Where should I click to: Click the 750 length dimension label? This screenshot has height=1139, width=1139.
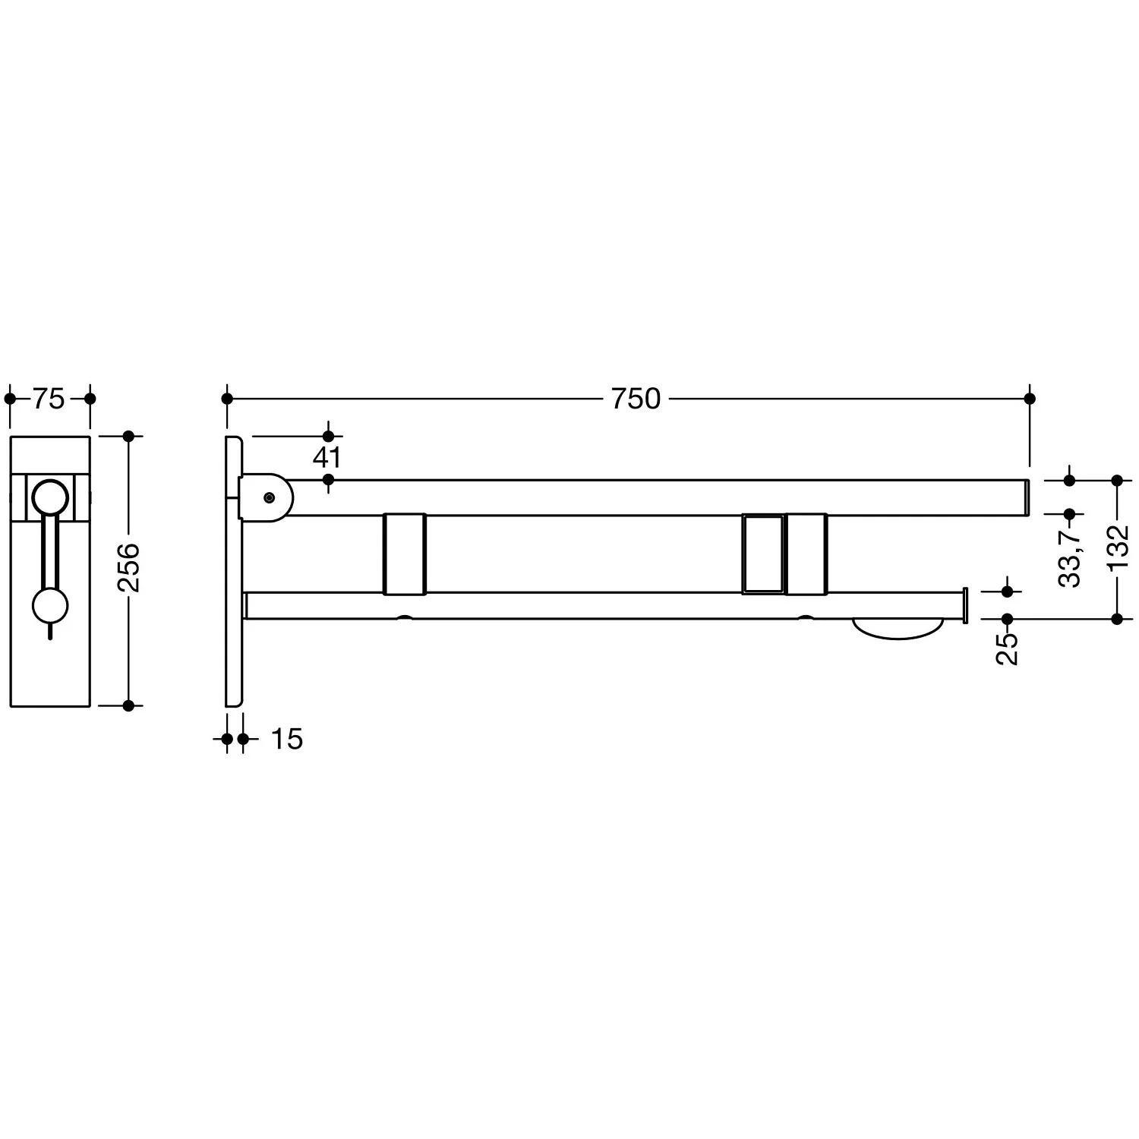pyautogui.click(x=636, y=399)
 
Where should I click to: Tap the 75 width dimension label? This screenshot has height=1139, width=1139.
pyautogui.click(x=49, y=399)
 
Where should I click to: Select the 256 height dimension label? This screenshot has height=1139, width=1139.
pyautogui.click(x=128, y=567)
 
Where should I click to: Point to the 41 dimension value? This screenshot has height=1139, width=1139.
pyautogui.click(x=327, y=458)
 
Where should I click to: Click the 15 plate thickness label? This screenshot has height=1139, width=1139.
pyautogui.click(x=287, y=739)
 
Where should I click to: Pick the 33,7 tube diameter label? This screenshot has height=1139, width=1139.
pyautogui.click(x=1070, y=558)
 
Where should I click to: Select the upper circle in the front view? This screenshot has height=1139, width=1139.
pyautogui.click(x=51, y=499)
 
